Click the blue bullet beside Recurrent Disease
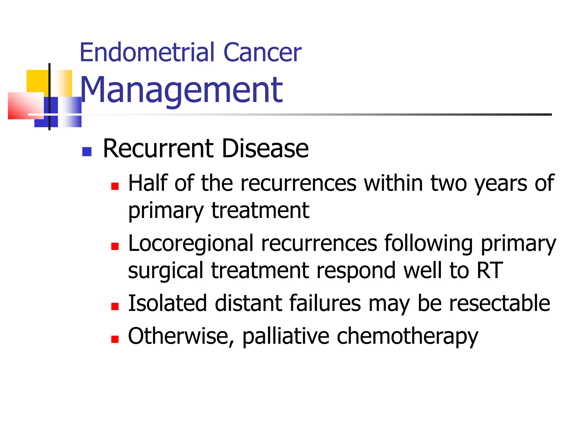87,152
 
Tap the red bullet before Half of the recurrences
115,186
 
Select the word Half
148,183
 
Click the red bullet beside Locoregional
115,246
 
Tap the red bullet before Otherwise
115,339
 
